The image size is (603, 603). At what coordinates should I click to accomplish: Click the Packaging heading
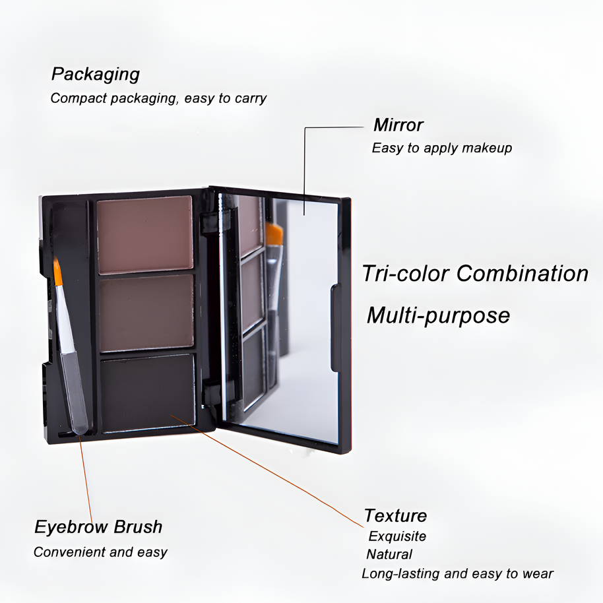[96, 74]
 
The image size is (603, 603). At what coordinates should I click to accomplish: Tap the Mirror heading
[398, 125]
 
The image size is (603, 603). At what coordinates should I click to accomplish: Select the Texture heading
[395, 515]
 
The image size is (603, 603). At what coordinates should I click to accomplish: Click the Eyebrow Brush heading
[98, 527]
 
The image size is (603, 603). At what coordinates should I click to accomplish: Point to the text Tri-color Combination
[475, 273]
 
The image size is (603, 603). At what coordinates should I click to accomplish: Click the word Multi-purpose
[438, 315]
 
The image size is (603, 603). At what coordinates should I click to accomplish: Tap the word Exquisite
[397, 536]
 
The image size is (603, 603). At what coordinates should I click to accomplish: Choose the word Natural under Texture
[389, 555]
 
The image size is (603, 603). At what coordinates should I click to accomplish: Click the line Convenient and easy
[100, 552]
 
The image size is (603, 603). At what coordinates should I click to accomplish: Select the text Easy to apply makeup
[441, 148]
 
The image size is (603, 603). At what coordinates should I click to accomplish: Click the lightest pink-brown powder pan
[145, 234]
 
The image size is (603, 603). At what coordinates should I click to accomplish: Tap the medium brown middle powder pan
[146, 312]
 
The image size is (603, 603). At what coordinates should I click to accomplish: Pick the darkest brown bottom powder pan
[148, 392]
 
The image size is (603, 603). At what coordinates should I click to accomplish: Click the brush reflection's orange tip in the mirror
[274, 235]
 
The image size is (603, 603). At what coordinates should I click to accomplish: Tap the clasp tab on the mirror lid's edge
[334, 328]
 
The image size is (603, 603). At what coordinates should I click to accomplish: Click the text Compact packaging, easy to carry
[158, 98]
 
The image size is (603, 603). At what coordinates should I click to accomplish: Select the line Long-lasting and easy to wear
[457, 573]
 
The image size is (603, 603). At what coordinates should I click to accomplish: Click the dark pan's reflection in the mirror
[253, 360]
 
